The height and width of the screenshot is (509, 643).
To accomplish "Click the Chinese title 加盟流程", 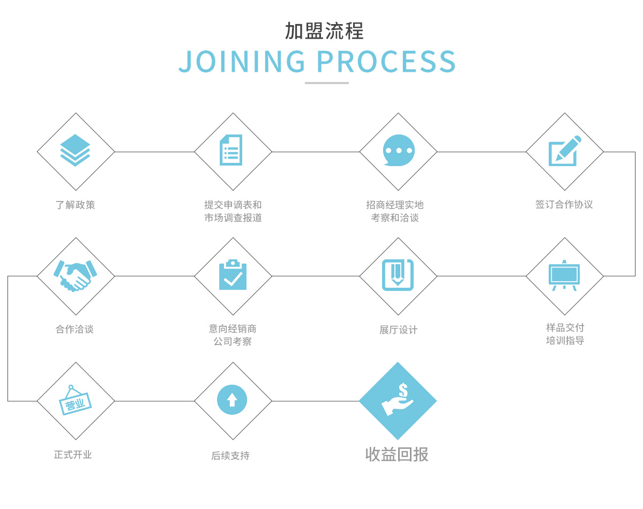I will point(324,31).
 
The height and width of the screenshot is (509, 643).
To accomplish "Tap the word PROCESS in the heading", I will point(386,62).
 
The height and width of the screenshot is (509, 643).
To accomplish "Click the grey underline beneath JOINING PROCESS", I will point(326,83).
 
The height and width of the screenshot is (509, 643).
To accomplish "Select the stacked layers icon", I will point(76,151).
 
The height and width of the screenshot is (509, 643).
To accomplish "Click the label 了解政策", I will point(76,205).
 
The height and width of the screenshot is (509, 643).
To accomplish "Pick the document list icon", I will point(231,150).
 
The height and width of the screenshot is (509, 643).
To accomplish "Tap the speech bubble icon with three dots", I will point(398,151).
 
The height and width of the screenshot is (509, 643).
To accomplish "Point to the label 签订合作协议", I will point(564,204).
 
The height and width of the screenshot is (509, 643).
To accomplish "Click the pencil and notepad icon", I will point(564,151).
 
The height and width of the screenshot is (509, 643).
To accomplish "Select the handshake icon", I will point(76,276).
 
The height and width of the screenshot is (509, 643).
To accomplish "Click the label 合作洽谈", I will point(75,330).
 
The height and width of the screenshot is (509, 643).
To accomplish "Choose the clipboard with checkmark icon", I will point(233,275).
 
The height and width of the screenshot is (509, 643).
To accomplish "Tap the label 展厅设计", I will point(398,330).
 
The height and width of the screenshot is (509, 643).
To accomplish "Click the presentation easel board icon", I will point(564,275).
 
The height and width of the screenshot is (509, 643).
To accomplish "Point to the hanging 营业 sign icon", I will point(75,401).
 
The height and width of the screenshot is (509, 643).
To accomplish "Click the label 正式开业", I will point(73,455).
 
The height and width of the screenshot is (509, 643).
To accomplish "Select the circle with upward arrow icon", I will point(232,400).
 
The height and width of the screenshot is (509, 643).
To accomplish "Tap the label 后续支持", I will point(230,456).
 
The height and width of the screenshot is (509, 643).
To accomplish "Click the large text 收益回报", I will point(397,454).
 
